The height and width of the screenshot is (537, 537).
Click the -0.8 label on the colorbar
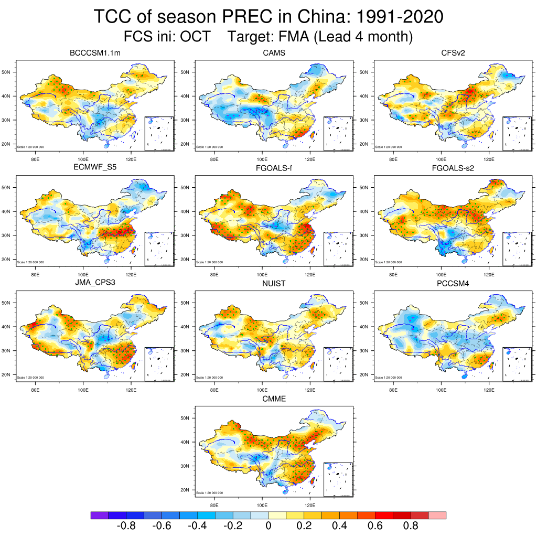point(126,526)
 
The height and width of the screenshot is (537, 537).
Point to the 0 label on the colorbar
point(268,526)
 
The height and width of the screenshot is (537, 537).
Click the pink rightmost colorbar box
point(437,515)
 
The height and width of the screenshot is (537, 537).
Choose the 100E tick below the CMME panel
point(262,506)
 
